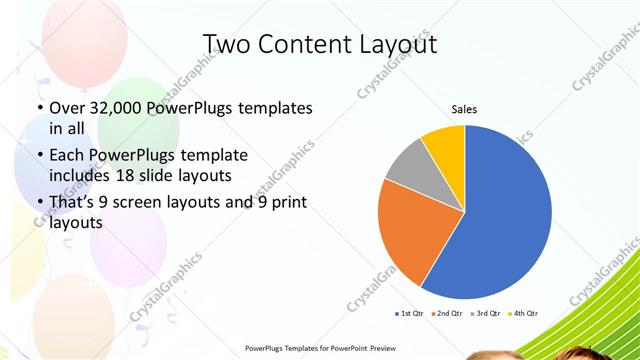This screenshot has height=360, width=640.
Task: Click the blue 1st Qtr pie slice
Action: coord(500,220)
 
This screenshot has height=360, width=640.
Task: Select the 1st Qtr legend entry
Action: coord(409,314)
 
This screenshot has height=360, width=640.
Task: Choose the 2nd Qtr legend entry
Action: coord(446,314)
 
